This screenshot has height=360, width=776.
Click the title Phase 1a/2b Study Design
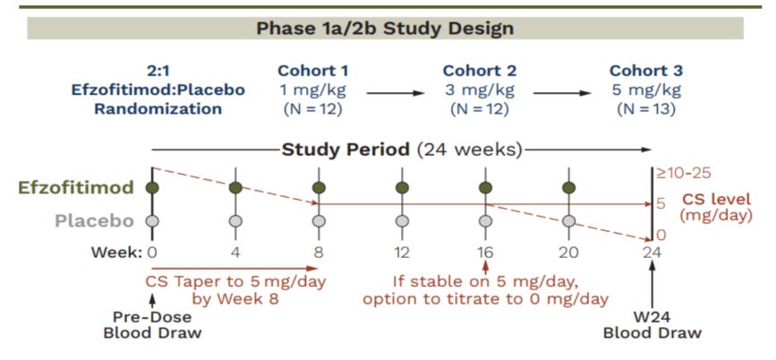point(385,28)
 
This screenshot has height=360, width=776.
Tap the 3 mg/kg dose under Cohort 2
point(484,90)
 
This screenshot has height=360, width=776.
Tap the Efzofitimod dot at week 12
point(402,187)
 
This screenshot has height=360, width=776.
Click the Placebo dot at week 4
point(235,220)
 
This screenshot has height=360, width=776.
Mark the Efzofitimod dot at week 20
point(568,187)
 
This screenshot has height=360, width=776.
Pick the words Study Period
point(345,149)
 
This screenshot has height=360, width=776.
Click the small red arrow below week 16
point(485,267)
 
